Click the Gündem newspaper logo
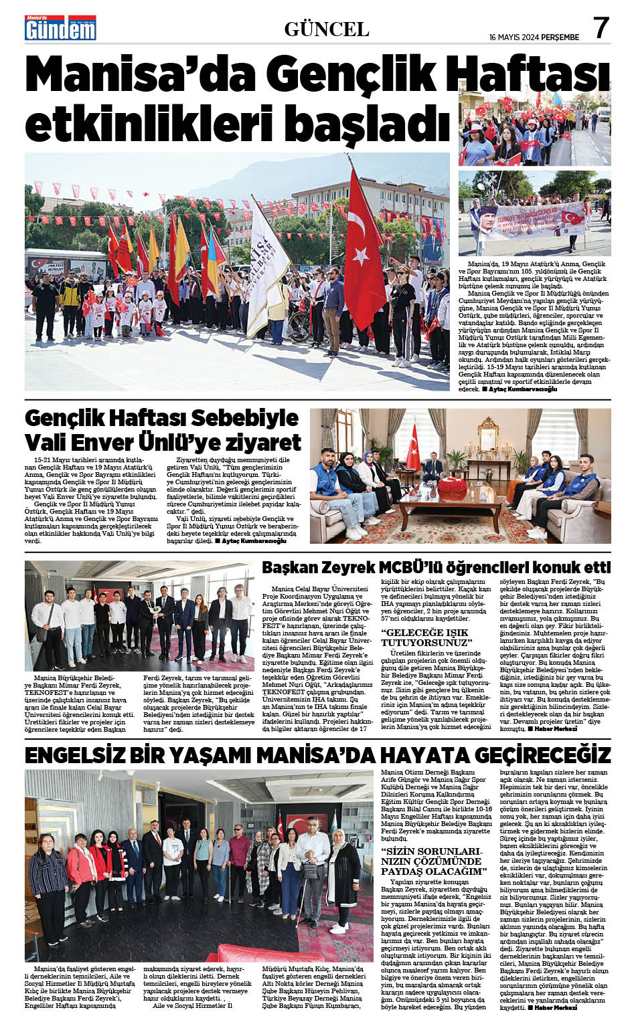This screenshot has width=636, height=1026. (x=61, y=28)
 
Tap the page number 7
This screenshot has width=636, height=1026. (x=601, y=27)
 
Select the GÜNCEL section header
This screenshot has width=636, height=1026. (x=327, y=29)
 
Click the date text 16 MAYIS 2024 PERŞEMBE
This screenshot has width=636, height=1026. (x=536, y=36)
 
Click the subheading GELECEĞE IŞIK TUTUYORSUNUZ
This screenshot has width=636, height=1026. (x=426, y=637)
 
